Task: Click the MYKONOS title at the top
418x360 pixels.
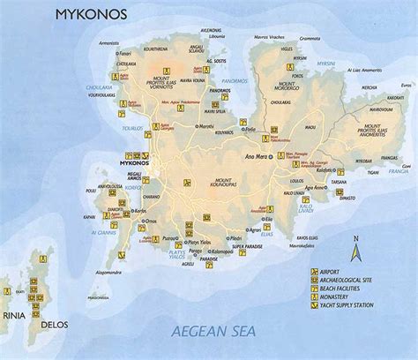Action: coord(87,14)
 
